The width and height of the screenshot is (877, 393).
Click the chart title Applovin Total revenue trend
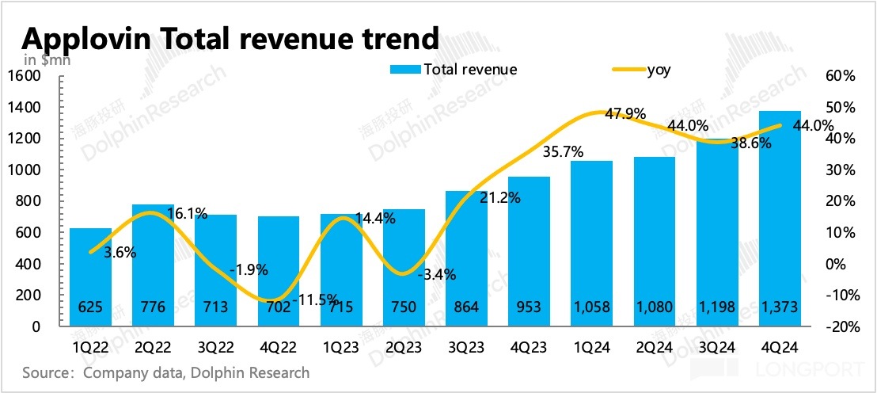pyautogui.click(x=230, y=37)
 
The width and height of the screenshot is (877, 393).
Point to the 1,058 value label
pyautogui.click(x=591, y=307)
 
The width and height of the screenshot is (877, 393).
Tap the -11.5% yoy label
pyautogui.click(x=316, y=300)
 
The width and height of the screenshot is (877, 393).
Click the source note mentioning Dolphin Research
pyautogui.click(x=166, y=372)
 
